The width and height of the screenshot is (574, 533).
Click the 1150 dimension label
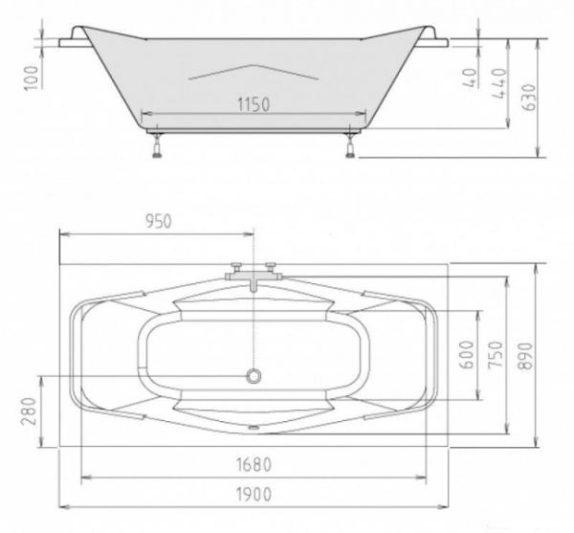click(254, 104)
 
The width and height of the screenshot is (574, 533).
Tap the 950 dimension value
click(159, 221)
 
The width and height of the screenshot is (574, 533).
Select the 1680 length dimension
click(254, 465)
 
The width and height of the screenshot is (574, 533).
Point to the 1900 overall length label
click(254, 495)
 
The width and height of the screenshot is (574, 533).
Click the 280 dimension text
click(29, 411)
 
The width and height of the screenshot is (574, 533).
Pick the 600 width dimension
click(467, 354)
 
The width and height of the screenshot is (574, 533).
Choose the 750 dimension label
click(496, 354)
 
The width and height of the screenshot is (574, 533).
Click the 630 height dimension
click(529, 97)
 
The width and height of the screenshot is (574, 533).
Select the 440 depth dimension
click(499, 83)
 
